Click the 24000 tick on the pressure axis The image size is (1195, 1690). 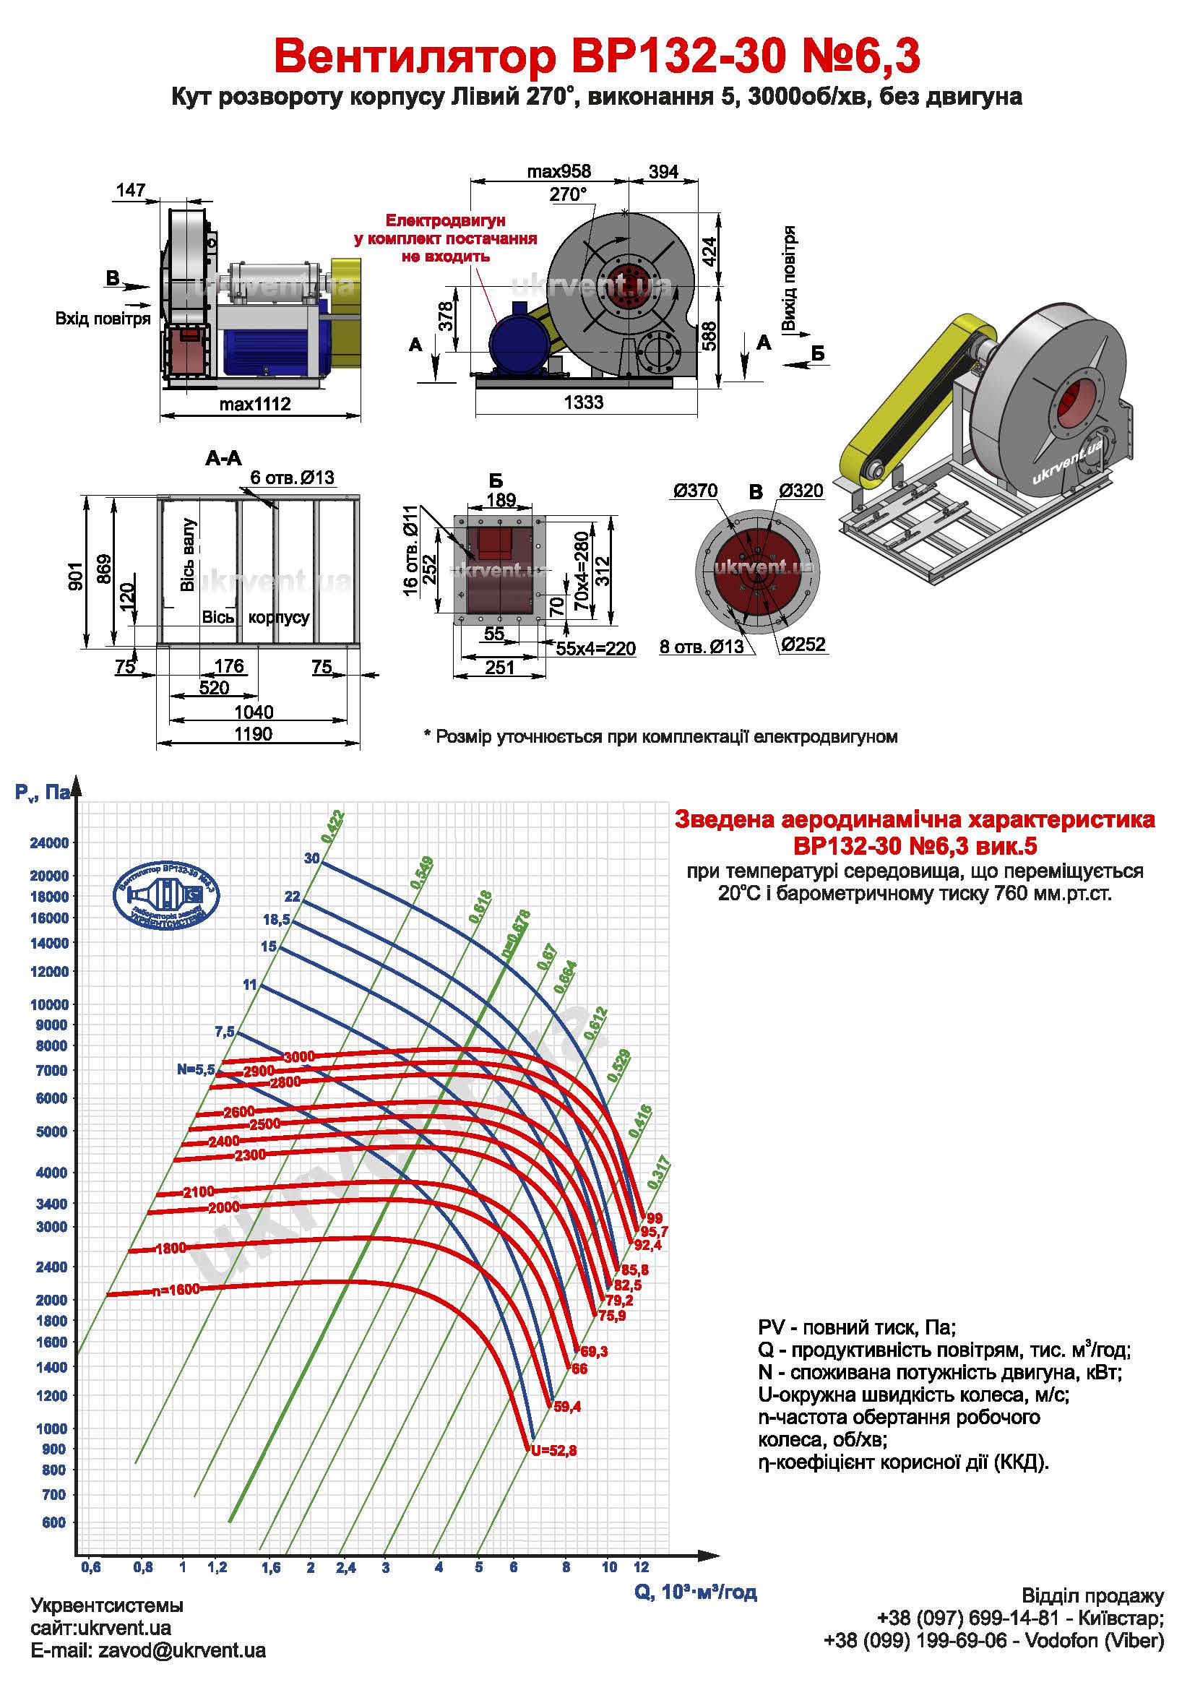(48, 842)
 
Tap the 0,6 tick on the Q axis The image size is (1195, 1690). (90, 1567)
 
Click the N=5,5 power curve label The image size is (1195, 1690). (195, 1069)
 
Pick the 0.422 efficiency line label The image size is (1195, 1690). (332, 826)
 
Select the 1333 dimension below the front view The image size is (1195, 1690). (584, 402)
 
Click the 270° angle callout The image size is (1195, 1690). (568, 194)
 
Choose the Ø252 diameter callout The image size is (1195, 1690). (803, 644)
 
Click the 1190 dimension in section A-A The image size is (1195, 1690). (253, 734)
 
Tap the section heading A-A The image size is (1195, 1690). (223, 459)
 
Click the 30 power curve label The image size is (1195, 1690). (312, 858)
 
